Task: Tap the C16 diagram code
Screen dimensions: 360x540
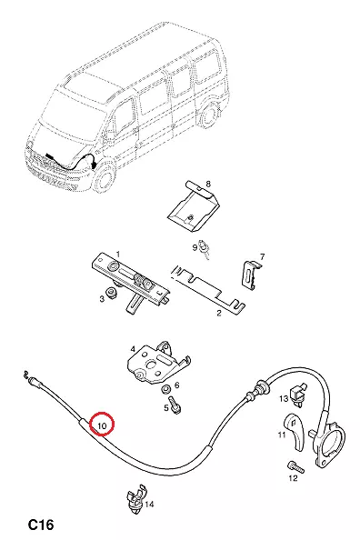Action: point(41,525)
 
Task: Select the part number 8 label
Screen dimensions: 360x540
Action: point(208,184)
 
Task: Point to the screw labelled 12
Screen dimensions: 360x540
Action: point(296,467)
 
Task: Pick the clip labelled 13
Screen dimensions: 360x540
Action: point(299,392)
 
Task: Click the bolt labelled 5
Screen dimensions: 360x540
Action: point(175,405)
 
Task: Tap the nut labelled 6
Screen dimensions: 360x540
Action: point(166,389)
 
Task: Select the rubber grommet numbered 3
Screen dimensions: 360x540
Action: point(112,293)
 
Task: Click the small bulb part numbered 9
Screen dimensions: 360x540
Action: point(205,250)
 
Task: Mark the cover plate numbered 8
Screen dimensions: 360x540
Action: point(193,206)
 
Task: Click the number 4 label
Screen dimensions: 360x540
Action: point(133,349)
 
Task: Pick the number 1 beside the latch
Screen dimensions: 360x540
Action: point(118,255)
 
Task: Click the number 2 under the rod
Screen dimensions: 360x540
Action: point(219,313)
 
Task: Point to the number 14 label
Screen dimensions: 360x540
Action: point(149,505)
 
